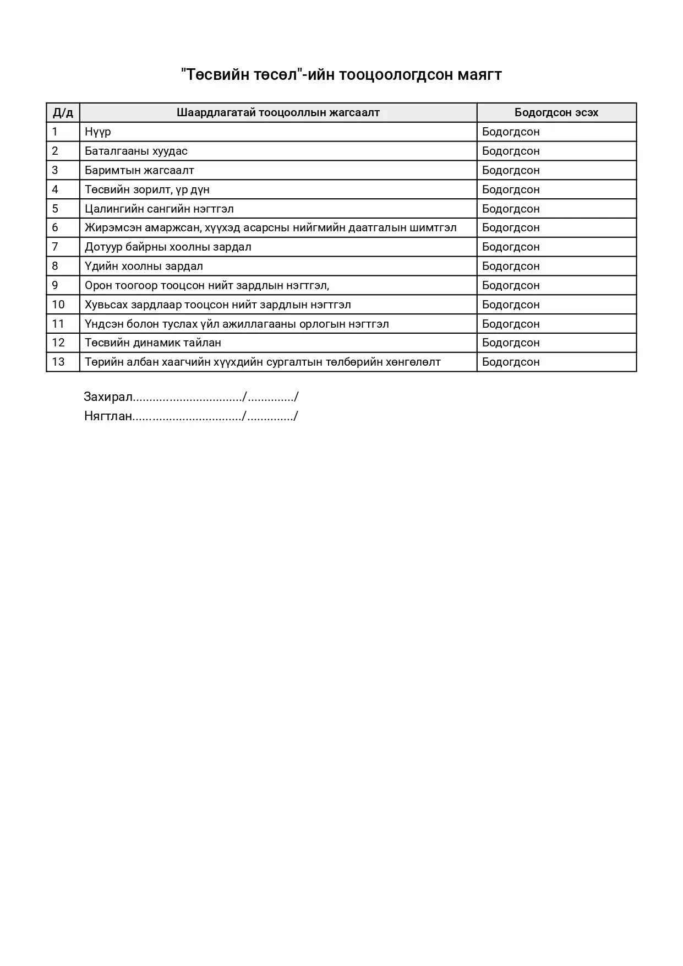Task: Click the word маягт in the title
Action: click(479, 75)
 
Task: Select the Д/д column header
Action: click(63, 113)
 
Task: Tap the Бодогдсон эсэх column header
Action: click(556, 113)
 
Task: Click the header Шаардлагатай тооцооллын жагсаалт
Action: click(278, 113)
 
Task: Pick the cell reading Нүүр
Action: click(98, 132)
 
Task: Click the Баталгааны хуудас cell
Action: click(136, 151)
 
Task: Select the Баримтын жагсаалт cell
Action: click(139, 171)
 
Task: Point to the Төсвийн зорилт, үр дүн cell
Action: click(147, 190)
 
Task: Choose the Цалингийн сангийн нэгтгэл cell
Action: click(159, 209)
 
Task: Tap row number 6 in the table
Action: click(55, 228)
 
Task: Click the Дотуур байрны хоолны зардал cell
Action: click(168, 247)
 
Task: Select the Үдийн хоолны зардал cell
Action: click(144, 267)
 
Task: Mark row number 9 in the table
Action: click(55, 285)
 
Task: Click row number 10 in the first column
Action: click(58, 305)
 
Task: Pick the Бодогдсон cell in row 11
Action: click(511, 324)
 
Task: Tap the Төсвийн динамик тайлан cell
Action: click(153, 343)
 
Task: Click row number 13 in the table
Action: click(58, 362)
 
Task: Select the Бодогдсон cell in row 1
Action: click(511, 132)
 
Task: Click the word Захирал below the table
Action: click(108, 397)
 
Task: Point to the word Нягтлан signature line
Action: click(108, 416)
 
